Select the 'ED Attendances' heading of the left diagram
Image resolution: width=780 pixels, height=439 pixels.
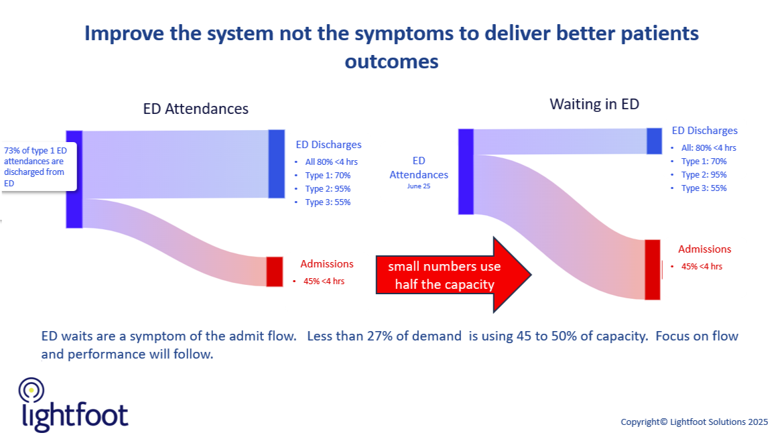[196, 109]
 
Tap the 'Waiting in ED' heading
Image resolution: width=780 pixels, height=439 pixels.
[594, 104]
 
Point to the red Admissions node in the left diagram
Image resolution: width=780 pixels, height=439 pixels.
[274, 271]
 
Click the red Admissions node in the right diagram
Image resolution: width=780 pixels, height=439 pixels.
[652, 269]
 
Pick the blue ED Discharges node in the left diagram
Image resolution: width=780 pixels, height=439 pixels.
[277, 164]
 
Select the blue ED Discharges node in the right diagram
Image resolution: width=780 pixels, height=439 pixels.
[654, 141]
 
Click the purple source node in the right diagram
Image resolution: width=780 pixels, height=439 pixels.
[466, 172]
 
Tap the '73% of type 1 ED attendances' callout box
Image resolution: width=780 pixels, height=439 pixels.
[38, 167]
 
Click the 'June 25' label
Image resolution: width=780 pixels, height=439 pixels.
[418, 186]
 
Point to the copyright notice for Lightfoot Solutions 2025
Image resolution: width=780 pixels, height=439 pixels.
[694, 422]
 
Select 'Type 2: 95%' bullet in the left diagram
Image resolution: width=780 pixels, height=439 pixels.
[328, 189]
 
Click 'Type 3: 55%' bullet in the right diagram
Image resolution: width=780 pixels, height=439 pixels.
[704, 188]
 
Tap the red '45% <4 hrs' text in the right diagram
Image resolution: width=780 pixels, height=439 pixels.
[702, 266]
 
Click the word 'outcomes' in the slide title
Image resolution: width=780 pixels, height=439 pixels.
[391, 62]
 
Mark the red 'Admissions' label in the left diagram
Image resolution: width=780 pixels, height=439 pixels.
[326, 264]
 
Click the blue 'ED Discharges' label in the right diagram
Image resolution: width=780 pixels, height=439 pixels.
[704, 131]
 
